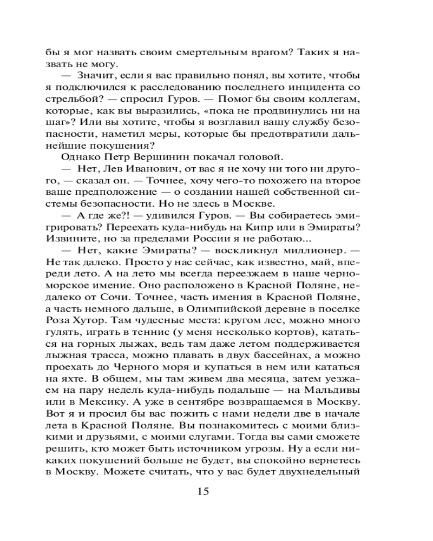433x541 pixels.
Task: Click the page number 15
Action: point(204,491)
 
